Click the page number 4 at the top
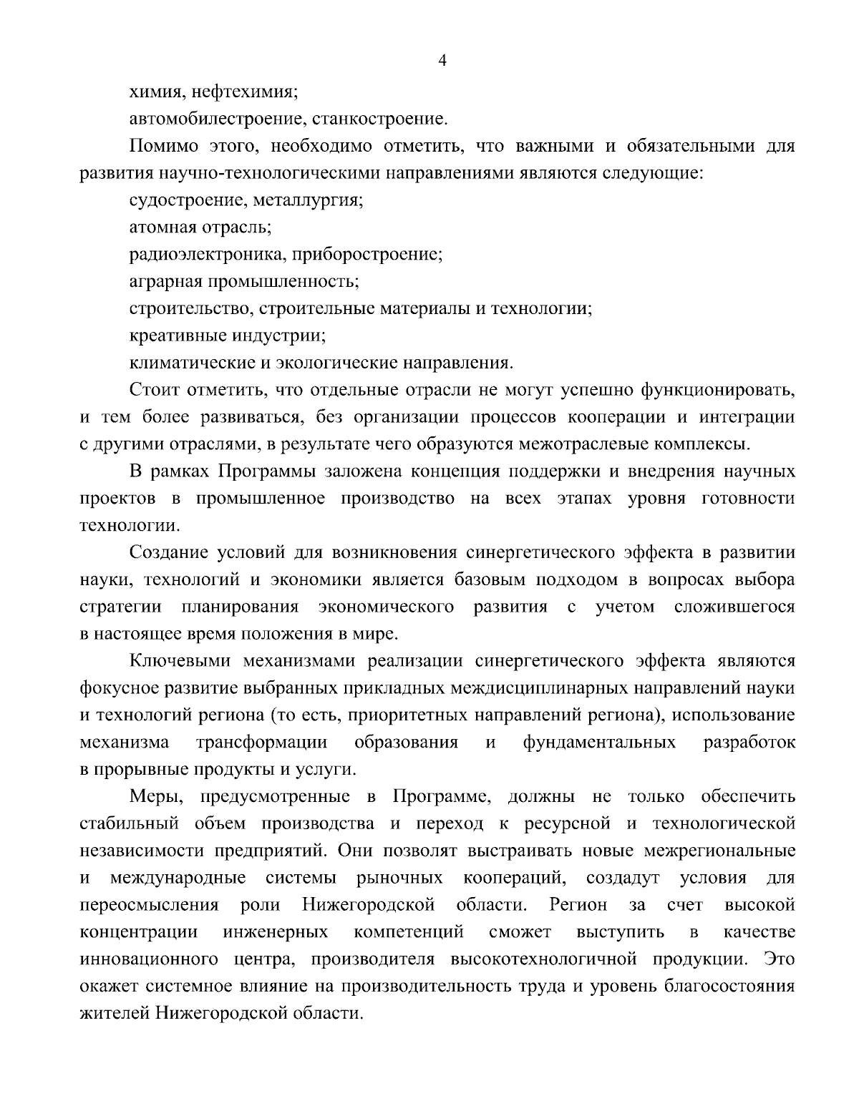click(442, 62)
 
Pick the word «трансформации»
click(262, 742)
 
